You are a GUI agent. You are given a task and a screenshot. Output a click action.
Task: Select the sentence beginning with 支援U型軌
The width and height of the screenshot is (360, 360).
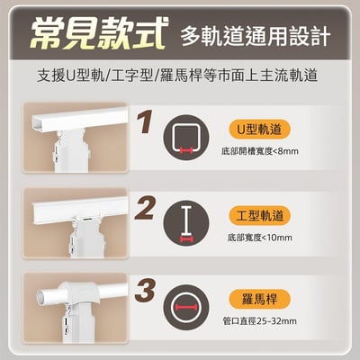(180, 78)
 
